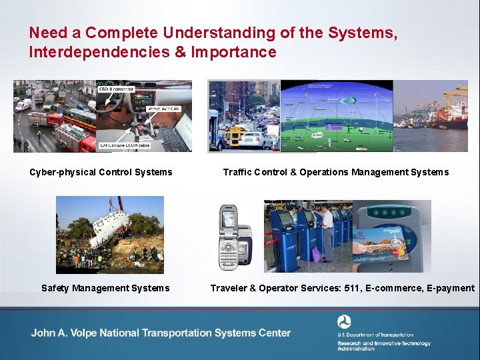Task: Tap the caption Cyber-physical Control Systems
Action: pyautogui.click(x=101, y=172)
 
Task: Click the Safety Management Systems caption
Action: pyautogui.click(x=105, y=288)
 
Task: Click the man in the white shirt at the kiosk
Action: pyautogui.click(x=326, y=230)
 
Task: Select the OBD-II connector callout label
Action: pyautogui.click(x=116, y=89)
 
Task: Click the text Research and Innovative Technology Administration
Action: pyautogui.click(x=383, y=345)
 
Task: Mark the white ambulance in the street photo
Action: pyautogui.click(x=24, y=105)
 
